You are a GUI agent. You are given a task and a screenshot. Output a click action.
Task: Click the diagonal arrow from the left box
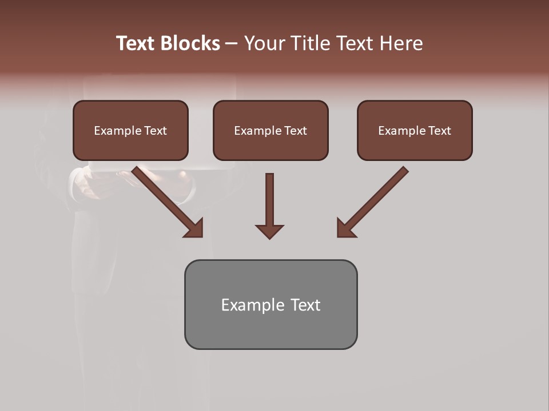166,200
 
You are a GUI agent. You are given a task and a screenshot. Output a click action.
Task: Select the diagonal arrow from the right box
375,200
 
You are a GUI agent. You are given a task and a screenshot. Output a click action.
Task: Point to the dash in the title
232,43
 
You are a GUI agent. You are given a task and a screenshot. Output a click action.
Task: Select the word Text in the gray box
305,305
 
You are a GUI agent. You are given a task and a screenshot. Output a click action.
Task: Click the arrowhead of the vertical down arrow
269,231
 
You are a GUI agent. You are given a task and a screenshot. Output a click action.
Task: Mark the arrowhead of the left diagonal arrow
194,228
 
